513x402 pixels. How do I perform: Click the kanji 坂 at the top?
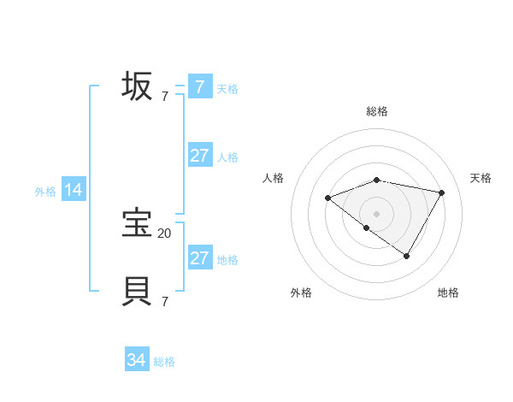pos(137,86)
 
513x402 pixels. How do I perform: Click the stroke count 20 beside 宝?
pos(164,233)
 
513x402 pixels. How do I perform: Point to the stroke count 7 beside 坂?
pos(164,96)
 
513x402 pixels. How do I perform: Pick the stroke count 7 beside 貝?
pos(164,301)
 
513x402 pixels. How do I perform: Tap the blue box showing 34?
pos(137,361)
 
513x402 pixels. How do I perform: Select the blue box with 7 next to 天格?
pos(200,87)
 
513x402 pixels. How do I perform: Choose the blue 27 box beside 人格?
pos(200,156)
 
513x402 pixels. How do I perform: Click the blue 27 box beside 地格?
pos(200,258)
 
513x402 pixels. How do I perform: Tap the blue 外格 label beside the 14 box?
pos(45,192)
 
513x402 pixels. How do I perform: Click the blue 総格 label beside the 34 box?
pos(164,362)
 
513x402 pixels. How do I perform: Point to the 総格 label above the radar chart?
pos(377,111)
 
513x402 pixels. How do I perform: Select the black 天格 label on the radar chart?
pos(481,178)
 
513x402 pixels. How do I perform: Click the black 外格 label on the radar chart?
pos(301,293)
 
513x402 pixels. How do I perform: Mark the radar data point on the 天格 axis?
pos(441,192)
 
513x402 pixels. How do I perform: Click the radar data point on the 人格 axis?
pos(327,198)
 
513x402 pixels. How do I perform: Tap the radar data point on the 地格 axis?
pos(407,256)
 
